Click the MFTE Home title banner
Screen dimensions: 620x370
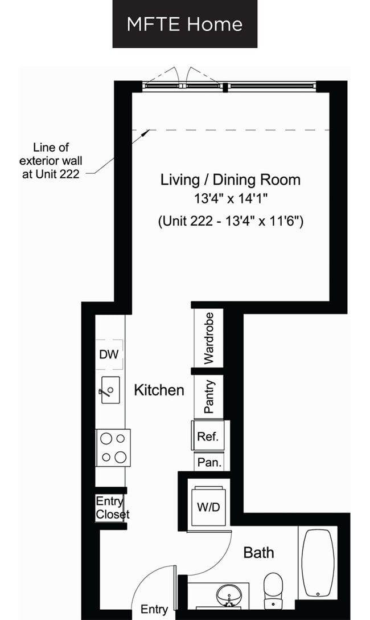(184, 24)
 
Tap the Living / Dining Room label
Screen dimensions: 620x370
(230, 180)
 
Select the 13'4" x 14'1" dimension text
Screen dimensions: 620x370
(230, 199)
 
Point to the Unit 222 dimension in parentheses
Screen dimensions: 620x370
(230, 221)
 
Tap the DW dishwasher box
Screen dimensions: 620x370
(109, 354)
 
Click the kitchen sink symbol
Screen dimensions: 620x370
(110, 390)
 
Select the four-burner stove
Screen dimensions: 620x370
(113, 448)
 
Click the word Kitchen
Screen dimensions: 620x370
(159, 390)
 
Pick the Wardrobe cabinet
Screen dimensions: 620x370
(209, 338)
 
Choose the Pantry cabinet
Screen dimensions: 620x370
(209, 396)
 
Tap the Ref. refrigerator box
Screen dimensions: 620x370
(208, 437)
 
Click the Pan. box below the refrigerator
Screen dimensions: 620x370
(209, 462)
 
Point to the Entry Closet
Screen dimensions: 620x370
(111, 508)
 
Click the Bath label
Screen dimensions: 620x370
(258, 552)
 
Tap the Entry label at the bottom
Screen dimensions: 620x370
(154, 610)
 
